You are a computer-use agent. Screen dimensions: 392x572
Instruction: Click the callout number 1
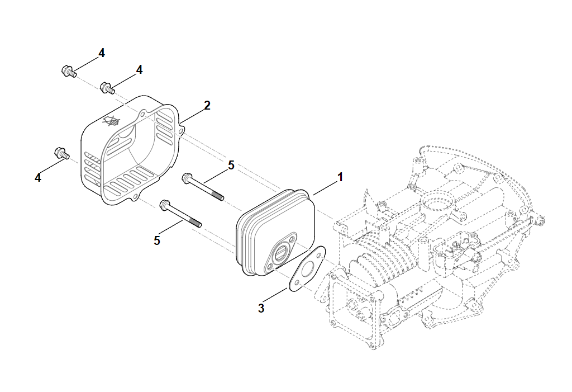click(x=339, y=178)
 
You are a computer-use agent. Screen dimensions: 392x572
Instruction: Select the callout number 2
click(x=207, y=105)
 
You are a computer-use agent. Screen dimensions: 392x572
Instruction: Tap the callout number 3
click(x=261, y=308)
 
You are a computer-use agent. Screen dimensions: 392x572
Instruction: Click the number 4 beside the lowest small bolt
click(x=38, y=177)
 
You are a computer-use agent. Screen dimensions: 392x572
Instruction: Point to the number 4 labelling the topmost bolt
click(x=101, y=53)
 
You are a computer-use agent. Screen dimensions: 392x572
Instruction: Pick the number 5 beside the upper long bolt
click(x=231, y=165)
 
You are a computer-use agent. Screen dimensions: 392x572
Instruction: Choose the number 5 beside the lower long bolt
click(x=157, y=240)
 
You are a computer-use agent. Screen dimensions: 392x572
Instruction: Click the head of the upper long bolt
click(x=187, y=179)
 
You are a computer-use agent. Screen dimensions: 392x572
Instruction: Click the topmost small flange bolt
click(x=68, y=71)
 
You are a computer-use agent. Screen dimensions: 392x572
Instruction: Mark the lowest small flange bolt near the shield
click(x=60, y=153)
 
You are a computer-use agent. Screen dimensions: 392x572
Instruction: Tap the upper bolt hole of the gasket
click(x=319, y=255)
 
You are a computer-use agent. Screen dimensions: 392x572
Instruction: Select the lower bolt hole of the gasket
click(x=295, y=283)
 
